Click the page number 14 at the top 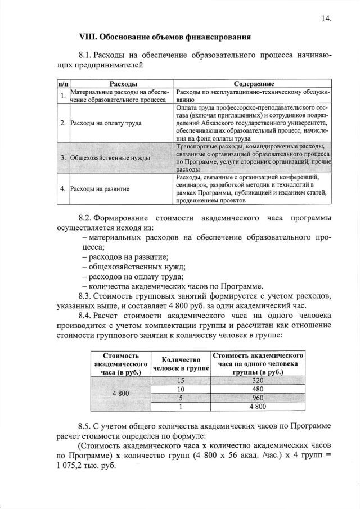(326, 18)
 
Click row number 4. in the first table (62, 189)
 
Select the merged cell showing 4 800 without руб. (121, 393)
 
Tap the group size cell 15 (181, 381)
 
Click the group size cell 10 (181, 389)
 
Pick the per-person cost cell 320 (258, 381)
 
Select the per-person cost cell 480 (258, 389)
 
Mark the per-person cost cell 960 (258, 398)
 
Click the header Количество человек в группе (181, 364)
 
